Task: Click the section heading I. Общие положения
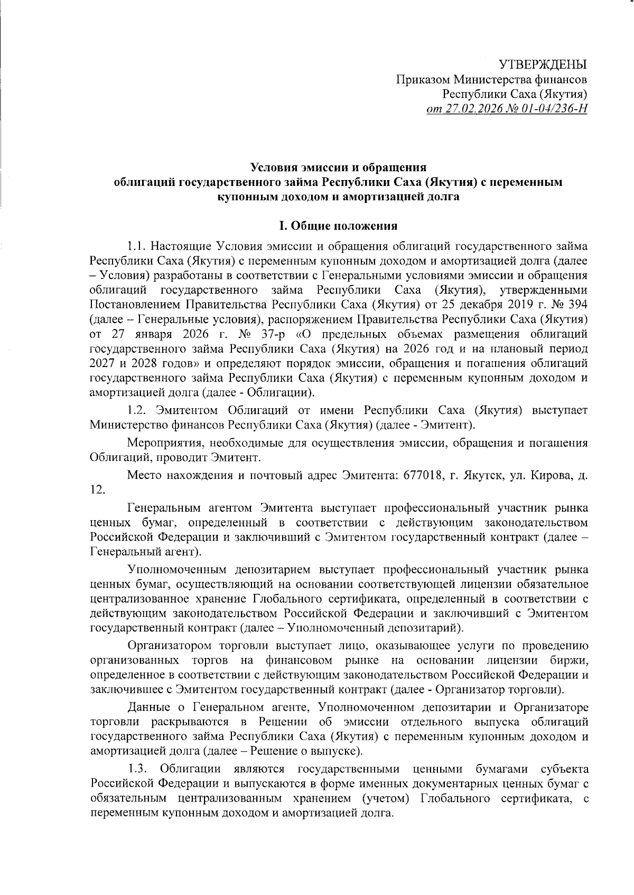pos(338,227)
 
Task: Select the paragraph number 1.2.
pos(138,411)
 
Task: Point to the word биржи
pos(572,661)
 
